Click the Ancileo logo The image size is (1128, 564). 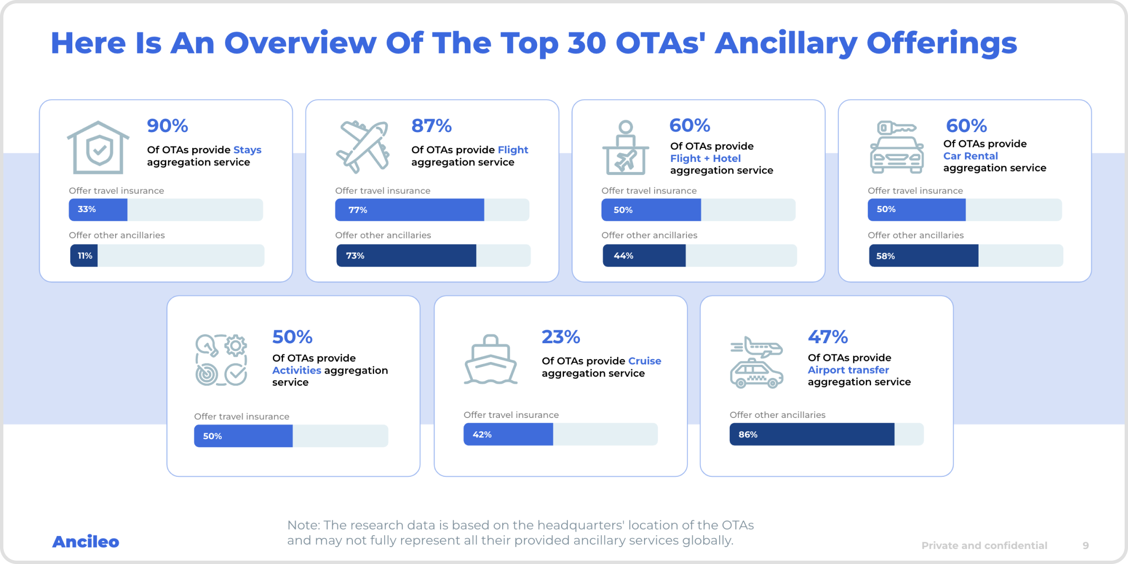coord(85,542)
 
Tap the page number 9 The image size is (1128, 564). coord(1086,546)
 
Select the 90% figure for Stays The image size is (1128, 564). coord(167,126)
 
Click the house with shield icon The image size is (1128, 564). coord(98,147)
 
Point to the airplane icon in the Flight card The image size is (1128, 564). coord(363,147)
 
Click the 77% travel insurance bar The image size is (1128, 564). coord(409,210)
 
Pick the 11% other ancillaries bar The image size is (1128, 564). coord(84,255)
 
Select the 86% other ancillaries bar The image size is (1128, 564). coord(812,434)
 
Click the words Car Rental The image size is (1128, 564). coord(970,156)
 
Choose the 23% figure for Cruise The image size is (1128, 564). coord(561,337)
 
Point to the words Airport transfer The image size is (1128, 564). coord(848,370)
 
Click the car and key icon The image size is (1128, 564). coord(897,147)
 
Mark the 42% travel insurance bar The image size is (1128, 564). coord(508,434)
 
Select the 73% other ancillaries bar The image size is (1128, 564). coord(406,255)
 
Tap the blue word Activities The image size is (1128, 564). coord(296,371)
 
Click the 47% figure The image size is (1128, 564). coord(828,337)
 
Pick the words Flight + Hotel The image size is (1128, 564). coord(705,159)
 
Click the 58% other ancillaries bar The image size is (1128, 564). coord(924,255)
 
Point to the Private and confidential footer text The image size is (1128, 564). coord(984,546)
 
